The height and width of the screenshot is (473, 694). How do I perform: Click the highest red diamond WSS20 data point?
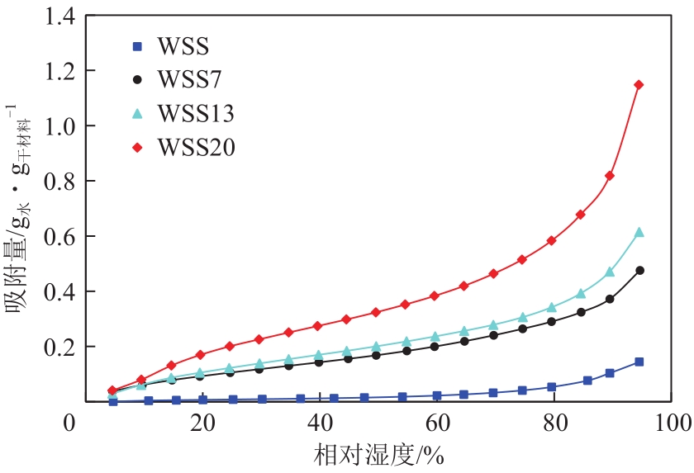(639, 84)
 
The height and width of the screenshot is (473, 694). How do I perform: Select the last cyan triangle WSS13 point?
(639, 233)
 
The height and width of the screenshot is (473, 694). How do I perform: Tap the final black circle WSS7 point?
(639, 270)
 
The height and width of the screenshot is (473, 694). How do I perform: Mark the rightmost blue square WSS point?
(639, 362)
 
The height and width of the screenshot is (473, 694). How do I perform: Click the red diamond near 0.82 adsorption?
(610, 176)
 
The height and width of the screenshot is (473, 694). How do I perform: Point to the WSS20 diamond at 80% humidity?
(551, 240)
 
